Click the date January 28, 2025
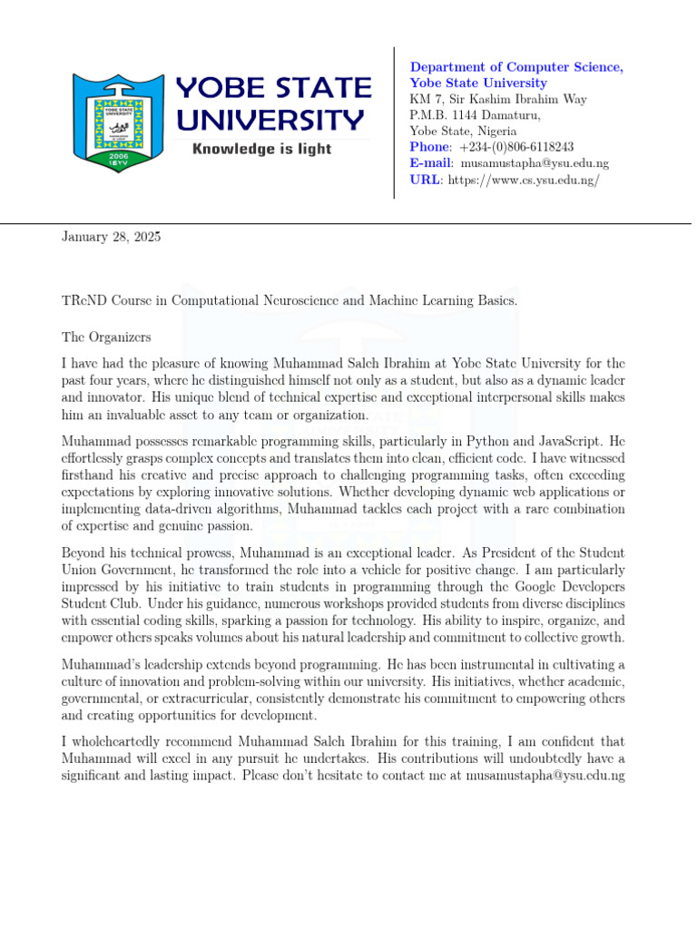pyautogui.click(x=111, y=238)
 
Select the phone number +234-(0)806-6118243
pyautogui.click(x=516, y=147)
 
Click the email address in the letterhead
pyautogui.click(x=535, y=163)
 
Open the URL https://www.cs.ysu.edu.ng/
pyautogui.click(x=522, y=180)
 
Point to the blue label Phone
pyautogui.click(x=430, y=147)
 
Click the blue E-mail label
pyautogui.click(x=431, y=163)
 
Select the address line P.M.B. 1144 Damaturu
pyautogui.click(x=476, y=115)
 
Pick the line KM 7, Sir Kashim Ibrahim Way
pyautogui.click(x=498, y=99)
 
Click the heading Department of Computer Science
pyautogui.click(x=516, y=67)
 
